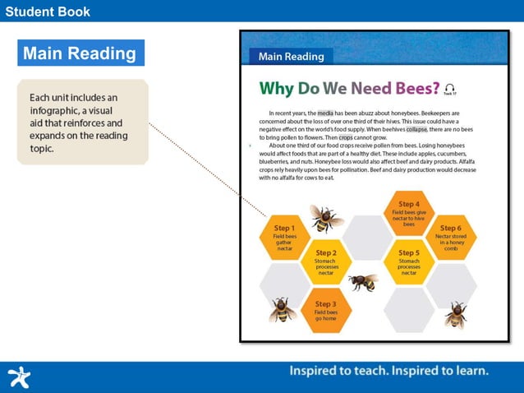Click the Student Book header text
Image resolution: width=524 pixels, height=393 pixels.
(x=47, y=11)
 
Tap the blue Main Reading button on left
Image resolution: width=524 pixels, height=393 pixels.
(x=80, y=53)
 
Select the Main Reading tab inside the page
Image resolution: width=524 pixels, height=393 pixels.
(x=292, y=57)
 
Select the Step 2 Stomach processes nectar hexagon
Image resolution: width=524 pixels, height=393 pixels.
(x=326, y=262)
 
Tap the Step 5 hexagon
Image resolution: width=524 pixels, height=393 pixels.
(x=408, y=262)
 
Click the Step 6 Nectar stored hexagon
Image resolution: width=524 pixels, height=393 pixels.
(x=450, y=238)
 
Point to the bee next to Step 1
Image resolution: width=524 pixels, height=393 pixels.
(x=325, y=219)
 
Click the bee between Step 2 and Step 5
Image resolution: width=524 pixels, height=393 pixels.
(x=365, y=283)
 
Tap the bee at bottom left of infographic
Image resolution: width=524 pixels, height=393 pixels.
(x=283, y=310)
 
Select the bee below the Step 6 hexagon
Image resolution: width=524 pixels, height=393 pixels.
(x=455, y=313)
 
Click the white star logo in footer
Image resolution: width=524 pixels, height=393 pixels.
(x=18, y=377)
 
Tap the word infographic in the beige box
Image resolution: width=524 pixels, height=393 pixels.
(x=57, y=110)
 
